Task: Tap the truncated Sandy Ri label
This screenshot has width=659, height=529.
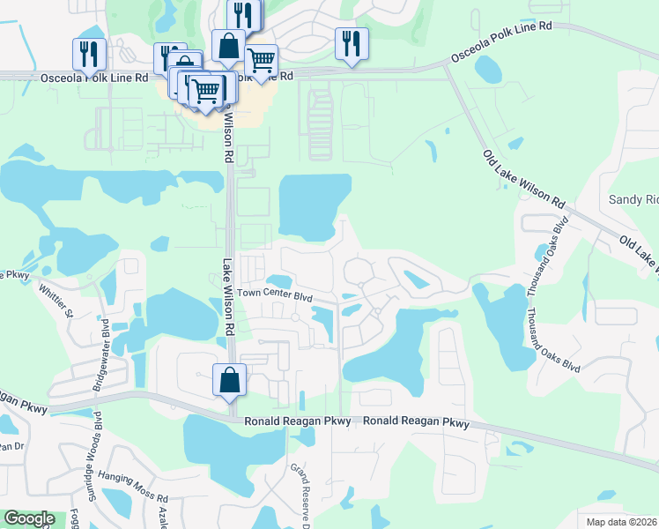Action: (x=633, y=200)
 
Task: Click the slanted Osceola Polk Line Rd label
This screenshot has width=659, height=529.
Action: (x=500, y=42)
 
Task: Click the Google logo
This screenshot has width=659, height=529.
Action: (x=29, y=518)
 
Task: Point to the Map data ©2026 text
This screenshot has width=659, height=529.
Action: (x=621, y=522)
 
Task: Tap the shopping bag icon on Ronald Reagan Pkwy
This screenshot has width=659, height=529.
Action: (x=229, y=379)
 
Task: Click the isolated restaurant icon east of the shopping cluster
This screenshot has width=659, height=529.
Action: (x=352, y=44)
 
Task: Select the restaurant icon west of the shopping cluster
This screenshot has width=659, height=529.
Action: (x=89, y=54)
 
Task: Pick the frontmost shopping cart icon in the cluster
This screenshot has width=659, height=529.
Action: (x=206, y=90)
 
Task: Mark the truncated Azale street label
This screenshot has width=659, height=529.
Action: (x=162, y=512)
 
